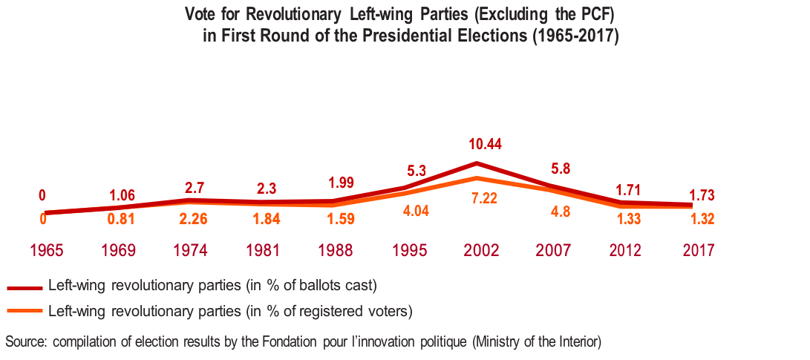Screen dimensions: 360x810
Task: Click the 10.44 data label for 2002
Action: (x=486, y=145)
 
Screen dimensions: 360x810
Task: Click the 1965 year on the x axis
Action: (x=46, y=250)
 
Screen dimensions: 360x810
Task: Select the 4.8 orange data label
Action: (x=561, y=210)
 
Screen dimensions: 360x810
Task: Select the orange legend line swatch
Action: (x=24, y=311)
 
